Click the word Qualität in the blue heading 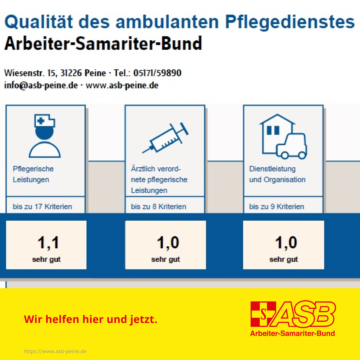pyautogui.click(x=39, y=22)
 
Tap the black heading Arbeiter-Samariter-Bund pyautogui.click(x=103, y=43)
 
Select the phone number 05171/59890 pyautogui.click(x=157, y=73)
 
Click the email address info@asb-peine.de pyautogui.click(x=41, y=85)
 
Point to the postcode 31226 pyautogui.click(x=71, y=73)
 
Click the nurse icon pyautogui.click(x=45, y=136)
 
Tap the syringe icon pyautogui.click(x=165, y=138)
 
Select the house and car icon pyautogui.click(x=283, y=137)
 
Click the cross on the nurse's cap pyautogui.click(x=41, y=121)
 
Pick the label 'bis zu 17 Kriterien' pyautogui.click(x=42, y=207)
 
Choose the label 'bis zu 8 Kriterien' pyautogui.click(x=158, y=207)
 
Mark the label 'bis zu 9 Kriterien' pyautogui.click(x=277, y=207)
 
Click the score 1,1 pyautogui.click(x=48, y=243)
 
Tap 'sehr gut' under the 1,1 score pyautogui.click(x=46, y=259)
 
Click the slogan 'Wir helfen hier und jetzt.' pyautogui.click(x=90, y=319)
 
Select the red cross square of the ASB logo pyautogui.click(x=263, y=314)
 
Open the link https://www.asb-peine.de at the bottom pyautogui.click(x=55, y=351)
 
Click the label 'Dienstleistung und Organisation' pyautogui.click(x=277, y=174)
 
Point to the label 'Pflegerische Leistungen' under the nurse pyautogui.click(x=33, y=174)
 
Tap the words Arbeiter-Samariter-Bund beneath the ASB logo pyautogui.click(x=293, y=333)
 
